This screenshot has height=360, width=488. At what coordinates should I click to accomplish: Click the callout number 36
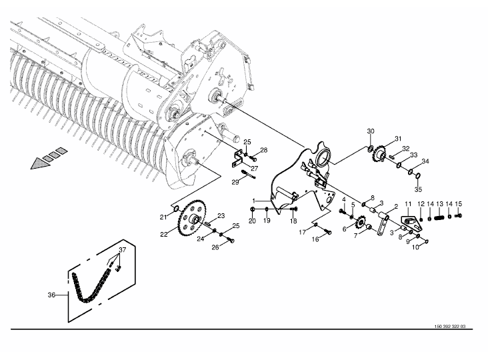[x=51, y=294]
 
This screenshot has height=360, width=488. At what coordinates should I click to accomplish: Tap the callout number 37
[x=121, y=251]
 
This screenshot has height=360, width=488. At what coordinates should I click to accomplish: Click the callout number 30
[x=371, y=131]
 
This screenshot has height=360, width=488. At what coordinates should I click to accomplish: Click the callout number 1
[x=254, y=201]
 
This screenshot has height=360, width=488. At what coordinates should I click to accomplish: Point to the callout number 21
[x=163, y=217]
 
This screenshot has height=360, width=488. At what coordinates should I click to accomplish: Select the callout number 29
[x=235, y=182]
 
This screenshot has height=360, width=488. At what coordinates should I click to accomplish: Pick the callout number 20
[x=253, y=220]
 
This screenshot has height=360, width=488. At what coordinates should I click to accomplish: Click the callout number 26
[x=215, y=248]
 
